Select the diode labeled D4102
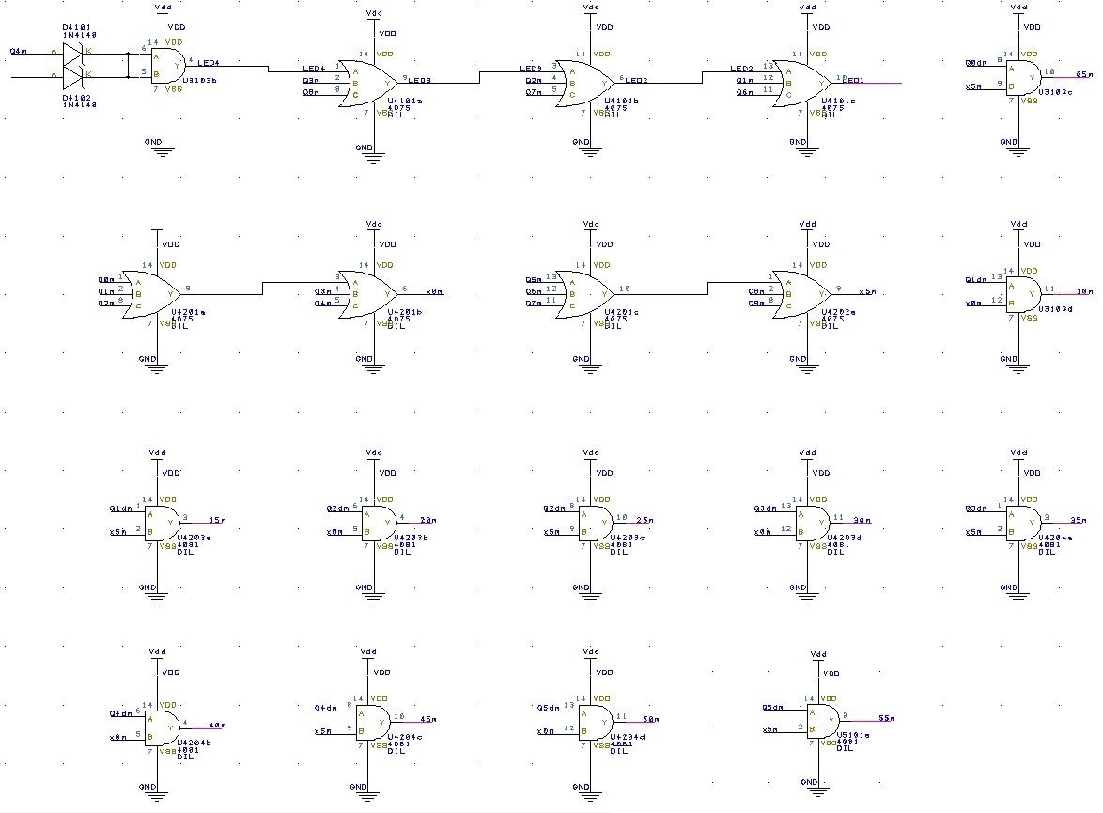(x=74, y=73)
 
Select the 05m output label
(x=1084, y=73)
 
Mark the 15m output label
(x=217, y=519)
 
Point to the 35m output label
(x=1078, y=519)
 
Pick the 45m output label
(x=427, y=720)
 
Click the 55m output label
(x=886, y=718)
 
